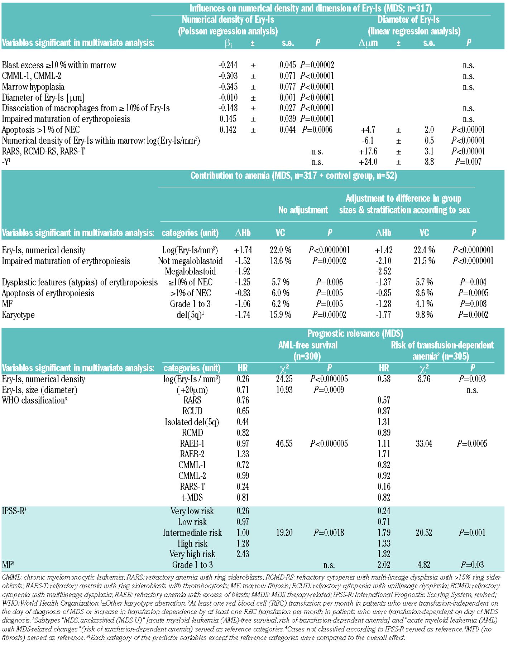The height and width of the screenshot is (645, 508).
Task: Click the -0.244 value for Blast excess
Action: pyautogui.click(x=227, y=65)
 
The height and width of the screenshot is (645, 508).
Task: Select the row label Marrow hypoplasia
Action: pyautogui.click(x=33, y=87)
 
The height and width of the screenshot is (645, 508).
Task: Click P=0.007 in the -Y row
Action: pyautogui.click(x=468, y=162)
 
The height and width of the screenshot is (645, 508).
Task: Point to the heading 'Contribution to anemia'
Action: pyautogui.click(x=293, y=176)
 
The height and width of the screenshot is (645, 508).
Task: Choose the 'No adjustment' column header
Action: pyautogui.click(x=303, y=210)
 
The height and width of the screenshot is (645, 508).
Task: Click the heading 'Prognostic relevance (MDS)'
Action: pyautogui.click(x=355, y=334)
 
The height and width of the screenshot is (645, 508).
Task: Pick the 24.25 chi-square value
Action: pyautogui.click(x=284, y=379)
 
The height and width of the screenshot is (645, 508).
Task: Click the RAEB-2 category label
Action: pyautogui.click(x=192, y=454)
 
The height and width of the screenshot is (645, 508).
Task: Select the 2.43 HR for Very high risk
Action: pyautogui.click(x=243, y=554)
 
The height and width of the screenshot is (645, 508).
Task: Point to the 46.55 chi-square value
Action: pyautogui.click(x=284, y=444)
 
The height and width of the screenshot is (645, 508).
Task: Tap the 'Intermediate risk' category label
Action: pyautogui.click(x=192, y=533)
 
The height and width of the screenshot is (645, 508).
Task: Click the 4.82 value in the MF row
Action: pyautogui.click(x=423, y=565)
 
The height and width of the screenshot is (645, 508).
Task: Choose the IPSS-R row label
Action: pyautogui.click(x=14, y=511)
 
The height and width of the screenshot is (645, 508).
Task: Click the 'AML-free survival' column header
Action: pyautogui.click(x=308, y=345)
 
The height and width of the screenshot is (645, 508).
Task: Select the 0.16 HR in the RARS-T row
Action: pyautogui.click(x=384, y=487)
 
